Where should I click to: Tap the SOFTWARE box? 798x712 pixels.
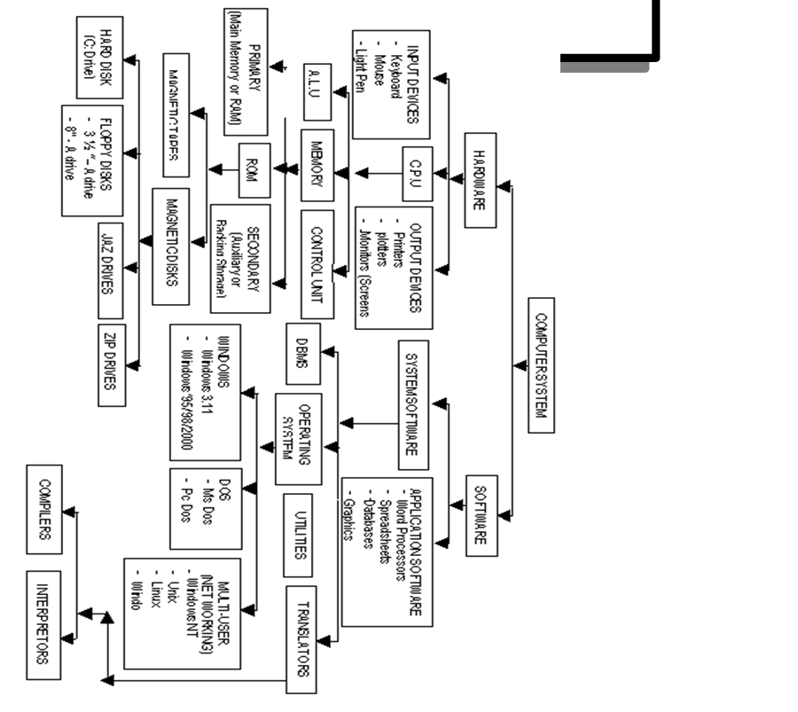(x=481, y=514)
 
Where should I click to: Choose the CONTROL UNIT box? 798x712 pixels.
(x=317, y=263)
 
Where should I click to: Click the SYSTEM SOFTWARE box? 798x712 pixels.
(x=412, y=403)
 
